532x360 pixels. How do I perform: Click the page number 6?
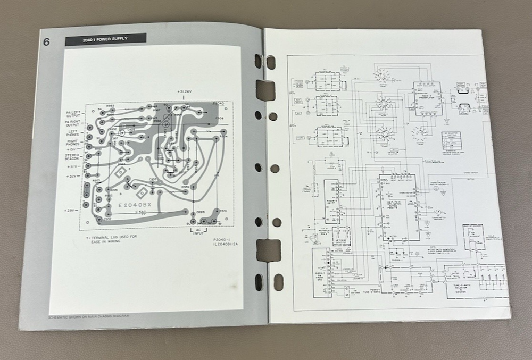point(47,42)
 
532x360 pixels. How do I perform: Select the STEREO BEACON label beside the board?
point(72,157)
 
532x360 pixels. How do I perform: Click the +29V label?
point(72,211)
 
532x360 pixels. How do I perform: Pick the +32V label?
point(73,176)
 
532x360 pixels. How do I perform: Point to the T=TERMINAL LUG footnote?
point(104,238)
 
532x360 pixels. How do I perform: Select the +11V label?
point(73,166)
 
